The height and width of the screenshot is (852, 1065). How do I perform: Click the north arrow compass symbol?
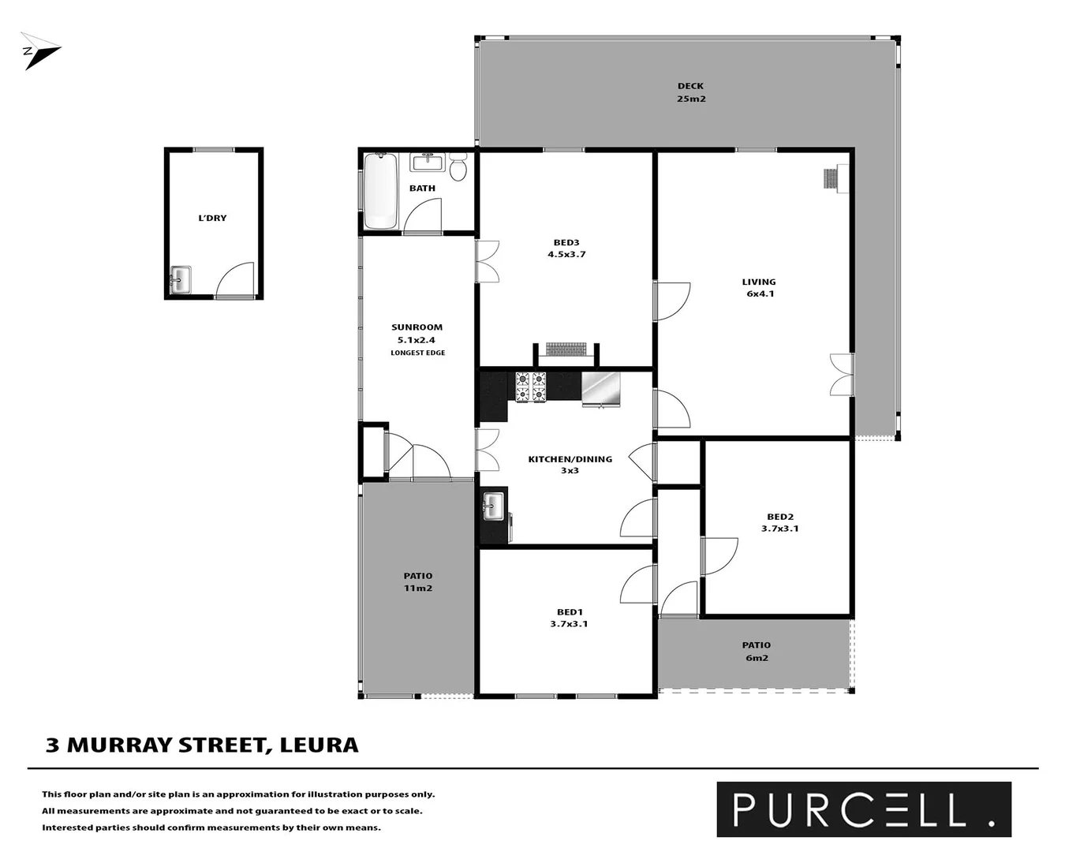click(39, 51)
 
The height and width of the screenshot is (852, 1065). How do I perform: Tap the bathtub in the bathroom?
click(380, 190)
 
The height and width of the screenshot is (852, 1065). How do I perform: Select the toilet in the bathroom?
click(458, 168)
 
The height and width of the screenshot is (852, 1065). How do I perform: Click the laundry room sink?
click(181, 280)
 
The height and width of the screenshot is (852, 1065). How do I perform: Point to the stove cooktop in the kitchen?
click(531, 387)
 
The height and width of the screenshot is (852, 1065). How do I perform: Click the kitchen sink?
click(493, 506)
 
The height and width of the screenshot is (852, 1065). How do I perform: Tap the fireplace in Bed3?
click(566, 349)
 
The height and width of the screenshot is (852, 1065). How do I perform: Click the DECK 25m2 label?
click(690, 92)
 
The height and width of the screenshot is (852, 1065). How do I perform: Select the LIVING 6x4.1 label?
click(759, 288)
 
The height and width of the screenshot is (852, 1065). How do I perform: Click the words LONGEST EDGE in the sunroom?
click(417, 353)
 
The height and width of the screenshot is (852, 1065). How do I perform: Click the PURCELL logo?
click(863, 809)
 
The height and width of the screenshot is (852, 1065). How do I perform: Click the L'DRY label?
click(212, 218)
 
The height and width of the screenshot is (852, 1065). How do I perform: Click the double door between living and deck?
click(842, 375)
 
